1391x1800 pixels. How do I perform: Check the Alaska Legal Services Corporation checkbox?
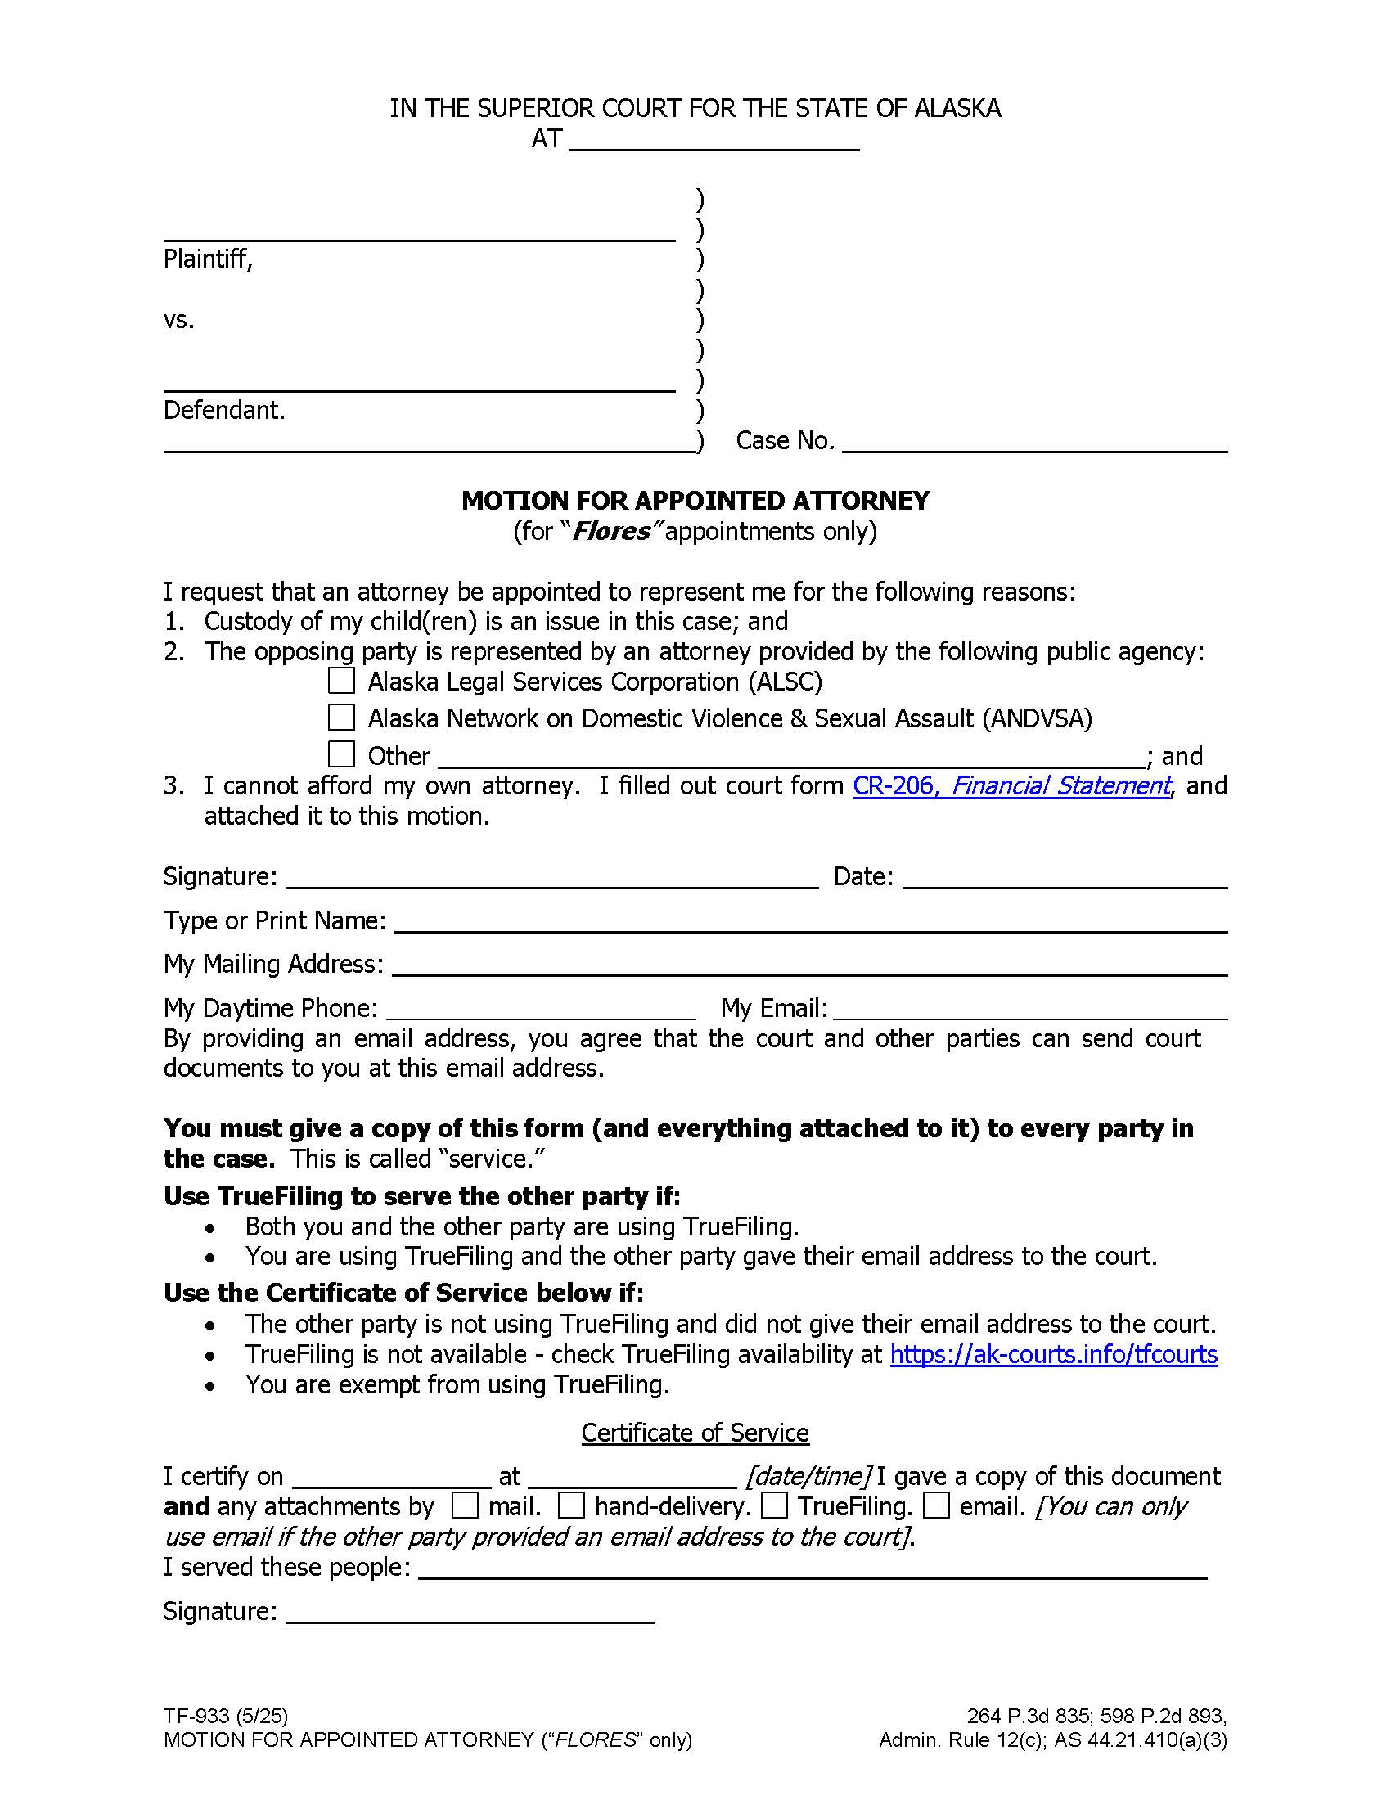coord(341,681)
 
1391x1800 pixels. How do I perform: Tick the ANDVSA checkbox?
coord(341,717)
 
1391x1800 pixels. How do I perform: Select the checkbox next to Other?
coord(341,754)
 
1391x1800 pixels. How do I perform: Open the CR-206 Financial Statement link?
coord(1011,785)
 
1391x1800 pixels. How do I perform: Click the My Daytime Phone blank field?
coord(541,1010)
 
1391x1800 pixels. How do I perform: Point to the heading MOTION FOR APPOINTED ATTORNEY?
coord(695,500)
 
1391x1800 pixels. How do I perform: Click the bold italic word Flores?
coord(610,532)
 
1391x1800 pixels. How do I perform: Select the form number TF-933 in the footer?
coord(196,1717)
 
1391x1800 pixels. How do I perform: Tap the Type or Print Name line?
coord(811,922)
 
